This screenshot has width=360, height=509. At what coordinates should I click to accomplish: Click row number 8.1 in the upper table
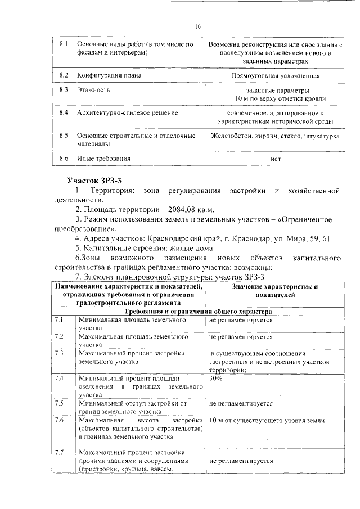[64, 44]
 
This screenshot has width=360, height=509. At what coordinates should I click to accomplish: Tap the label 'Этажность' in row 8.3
[93, 89]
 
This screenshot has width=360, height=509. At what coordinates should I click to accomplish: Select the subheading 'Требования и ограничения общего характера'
[199, 310]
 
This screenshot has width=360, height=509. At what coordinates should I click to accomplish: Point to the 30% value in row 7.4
[215, 378]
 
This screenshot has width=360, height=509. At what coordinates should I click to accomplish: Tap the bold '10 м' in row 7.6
[217, 420]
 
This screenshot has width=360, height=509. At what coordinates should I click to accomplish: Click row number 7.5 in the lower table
[60, 403]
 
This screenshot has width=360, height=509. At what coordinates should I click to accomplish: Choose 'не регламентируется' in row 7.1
[241, 319]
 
